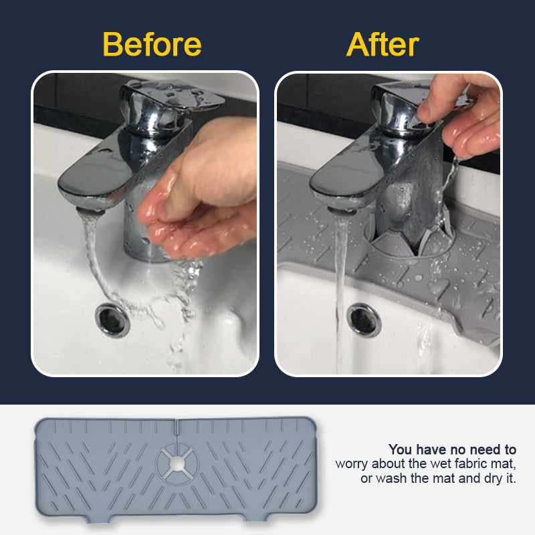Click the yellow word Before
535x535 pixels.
pos(152,44)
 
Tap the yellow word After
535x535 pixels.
pos(383,44)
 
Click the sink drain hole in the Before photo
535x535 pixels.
pos(112,320)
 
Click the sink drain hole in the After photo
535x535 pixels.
pos(364,320)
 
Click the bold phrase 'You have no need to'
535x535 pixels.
pos(452,449)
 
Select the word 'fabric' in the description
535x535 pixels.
pos(457,463)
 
